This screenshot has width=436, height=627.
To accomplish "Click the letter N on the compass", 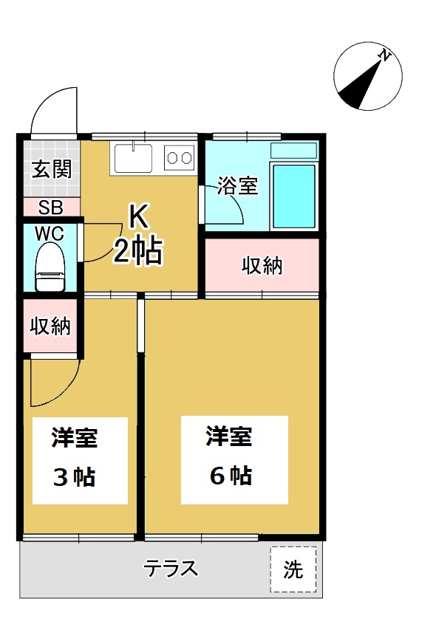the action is [384, 55].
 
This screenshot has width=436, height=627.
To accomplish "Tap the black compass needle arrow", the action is [359, 85].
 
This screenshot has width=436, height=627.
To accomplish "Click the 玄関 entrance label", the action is [52, 170].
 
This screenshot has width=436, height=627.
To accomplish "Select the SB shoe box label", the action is [51, 208].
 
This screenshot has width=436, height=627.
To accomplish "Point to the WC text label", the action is [50, 234].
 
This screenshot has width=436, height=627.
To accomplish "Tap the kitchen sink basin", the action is [133, 158].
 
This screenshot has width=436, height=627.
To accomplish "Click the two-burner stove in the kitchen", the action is [179, 158].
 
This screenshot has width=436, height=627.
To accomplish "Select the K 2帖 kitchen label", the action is [138, 235].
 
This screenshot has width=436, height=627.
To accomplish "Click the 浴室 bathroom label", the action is [237, 185].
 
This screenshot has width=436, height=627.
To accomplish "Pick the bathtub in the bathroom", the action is [294, 196].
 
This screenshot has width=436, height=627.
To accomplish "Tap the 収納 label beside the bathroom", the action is [262, 266].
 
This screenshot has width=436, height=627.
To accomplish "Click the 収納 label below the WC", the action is [50, 326].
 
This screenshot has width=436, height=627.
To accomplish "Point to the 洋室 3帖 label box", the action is [80, 461].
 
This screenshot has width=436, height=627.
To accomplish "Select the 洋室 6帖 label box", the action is [234, 460].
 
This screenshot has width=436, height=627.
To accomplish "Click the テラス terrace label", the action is [171, 568].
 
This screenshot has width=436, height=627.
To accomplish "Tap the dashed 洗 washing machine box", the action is [293, 569].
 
